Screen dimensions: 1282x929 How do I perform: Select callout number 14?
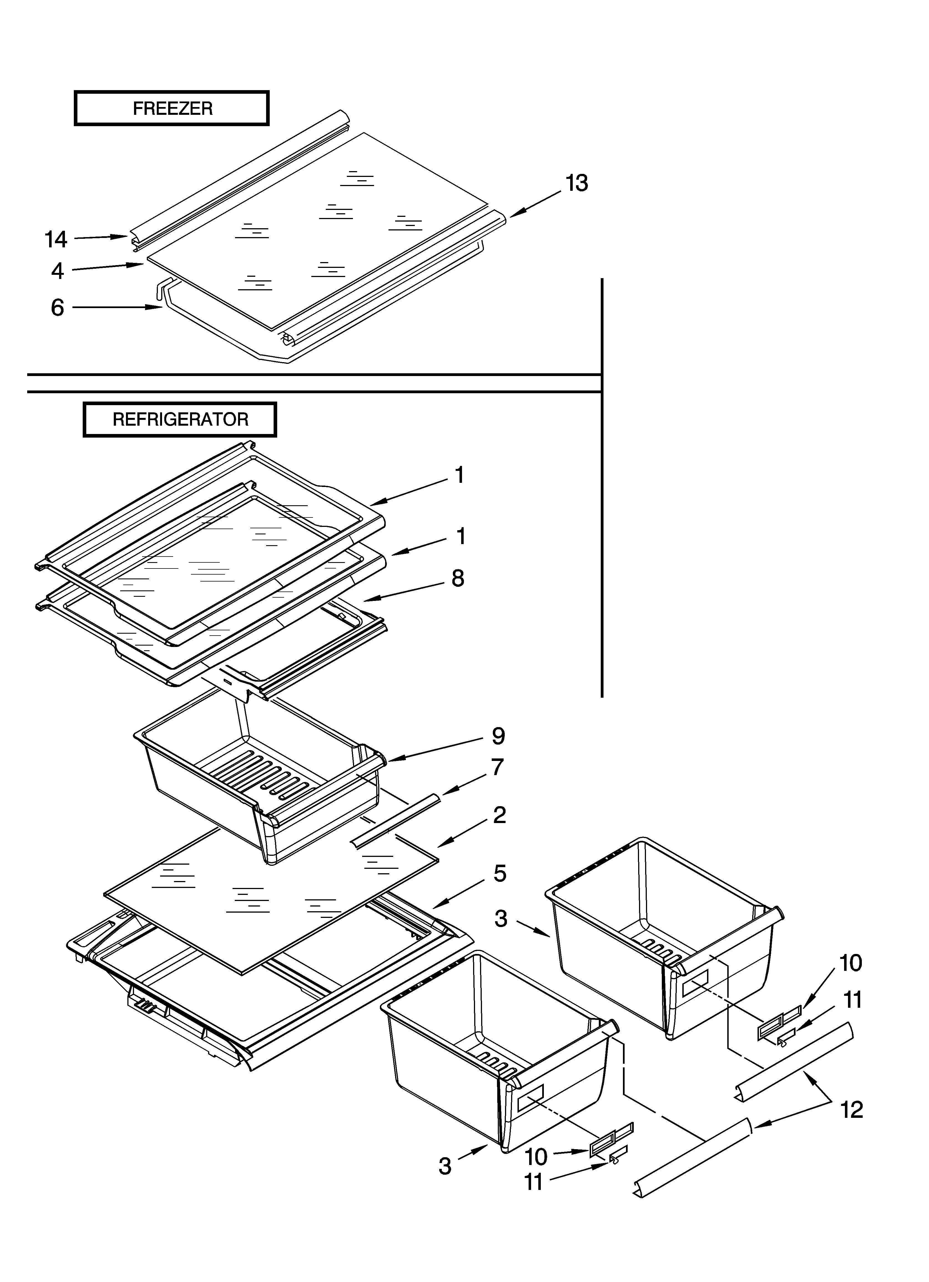pyautogui.click(x=56, y=240)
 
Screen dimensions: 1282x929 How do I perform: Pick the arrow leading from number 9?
pyautogui.click(x=436, y=750)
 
